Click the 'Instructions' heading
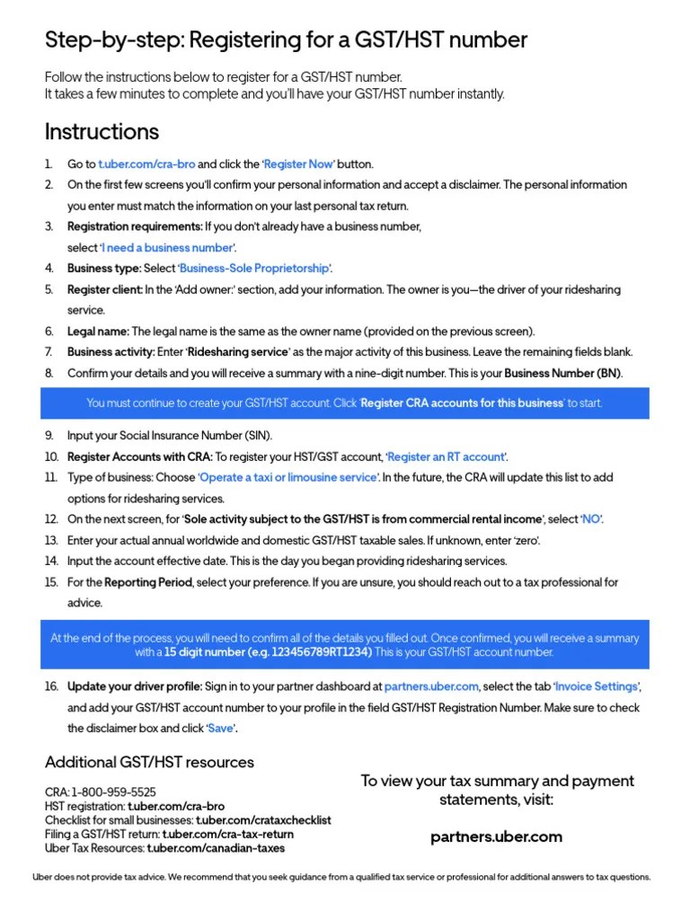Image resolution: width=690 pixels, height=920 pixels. tap(102, 132)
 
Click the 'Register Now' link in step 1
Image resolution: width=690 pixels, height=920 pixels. tap(298, 164)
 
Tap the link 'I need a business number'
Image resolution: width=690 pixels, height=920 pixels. tap(168, 247)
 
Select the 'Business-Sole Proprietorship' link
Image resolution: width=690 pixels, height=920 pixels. tap(255, 269)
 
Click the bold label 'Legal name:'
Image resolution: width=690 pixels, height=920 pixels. tap(98, 332)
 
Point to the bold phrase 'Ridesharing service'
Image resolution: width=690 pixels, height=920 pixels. tap(237, 352)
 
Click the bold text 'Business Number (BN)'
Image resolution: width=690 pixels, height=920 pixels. tap(562, 373)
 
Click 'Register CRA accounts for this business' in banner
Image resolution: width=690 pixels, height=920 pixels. tap(463, 403)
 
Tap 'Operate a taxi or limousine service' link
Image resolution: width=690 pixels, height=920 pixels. tap(288, 478)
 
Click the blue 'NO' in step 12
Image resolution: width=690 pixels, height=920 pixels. tap(590, 519)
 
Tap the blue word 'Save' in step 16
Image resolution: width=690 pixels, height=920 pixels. tap(220, 728)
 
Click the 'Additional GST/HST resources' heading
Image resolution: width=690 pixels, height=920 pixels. tap(149, 762)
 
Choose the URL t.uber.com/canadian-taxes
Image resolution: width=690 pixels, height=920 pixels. tap(216, 848)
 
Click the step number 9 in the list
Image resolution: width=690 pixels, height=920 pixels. tap(49, 436)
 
